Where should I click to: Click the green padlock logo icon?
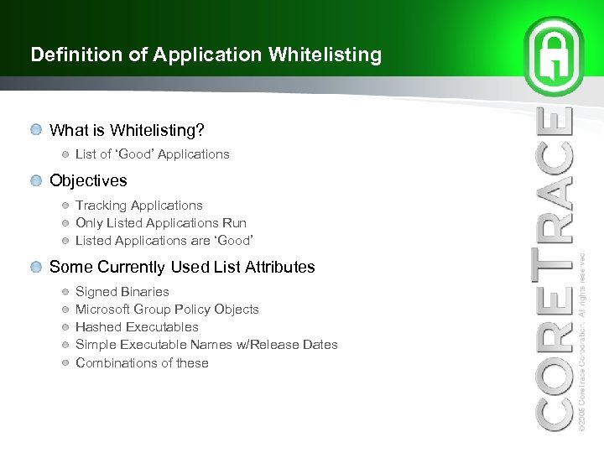554,57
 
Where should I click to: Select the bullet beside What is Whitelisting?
35,130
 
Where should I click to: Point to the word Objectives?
88,180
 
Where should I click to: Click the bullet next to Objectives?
35,180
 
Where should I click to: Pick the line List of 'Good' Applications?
152,154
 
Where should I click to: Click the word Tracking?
101,206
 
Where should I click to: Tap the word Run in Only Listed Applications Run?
235,223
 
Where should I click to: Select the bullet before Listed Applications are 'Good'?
65,241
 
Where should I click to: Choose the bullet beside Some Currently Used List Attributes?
35,268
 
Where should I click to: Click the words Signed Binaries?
122,292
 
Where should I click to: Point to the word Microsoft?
104,310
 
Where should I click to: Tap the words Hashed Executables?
137,327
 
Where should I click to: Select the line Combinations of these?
142,363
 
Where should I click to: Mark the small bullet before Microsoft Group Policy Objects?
65,310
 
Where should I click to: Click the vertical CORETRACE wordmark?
555,268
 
